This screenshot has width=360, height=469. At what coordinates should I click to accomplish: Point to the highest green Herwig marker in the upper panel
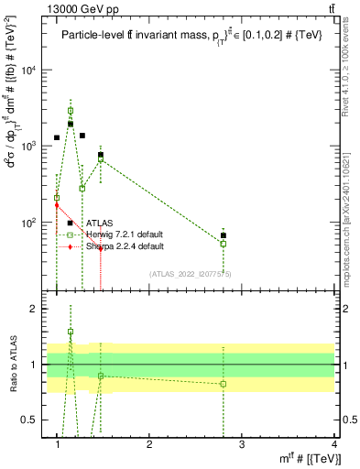pyautogui.click(x=71, y=111)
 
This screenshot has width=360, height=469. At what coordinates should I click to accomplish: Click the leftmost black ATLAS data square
pyautogui.click(x=57, y=137)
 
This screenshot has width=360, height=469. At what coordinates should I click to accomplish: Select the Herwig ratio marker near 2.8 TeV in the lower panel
pyautogui.click(x=224, y=384)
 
